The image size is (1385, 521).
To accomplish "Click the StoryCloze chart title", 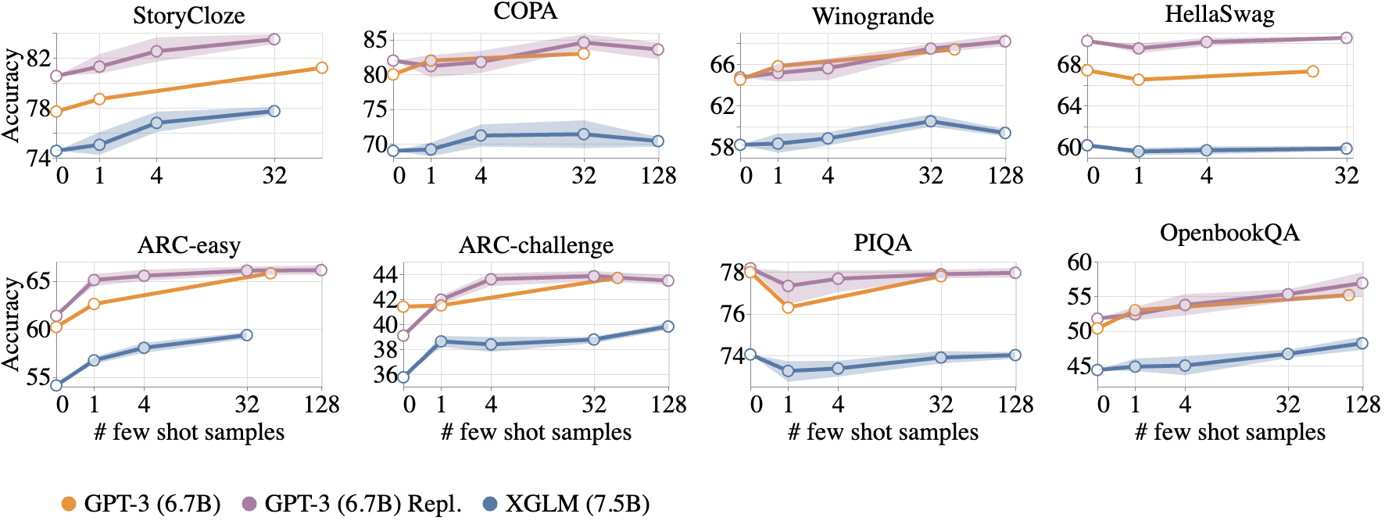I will point(188,16).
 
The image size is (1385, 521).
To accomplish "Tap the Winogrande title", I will point(872,16).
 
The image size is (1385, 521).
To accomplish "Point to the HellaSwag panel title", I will point(1219,14).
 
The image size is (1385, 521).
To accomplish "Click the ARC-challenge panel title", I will point(535,245).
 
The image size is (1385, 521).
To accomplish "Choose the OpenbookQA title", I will point(1229,233).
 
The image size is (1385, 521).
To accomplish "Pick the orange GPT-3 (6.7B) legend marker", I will point(69,505).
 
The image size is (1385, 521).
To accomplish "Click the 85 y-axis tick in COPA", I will point(376,39).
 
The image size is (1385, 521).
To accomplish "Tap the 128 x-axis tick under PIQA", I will point(1014,404).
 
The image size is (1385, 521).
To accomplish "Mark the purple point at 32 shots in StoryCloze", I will point(274,39).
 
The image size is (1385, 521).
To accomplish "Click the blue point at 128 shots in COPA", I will point(658,141).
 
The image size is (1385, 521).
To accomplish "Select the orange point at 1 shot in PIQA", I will point(788,307).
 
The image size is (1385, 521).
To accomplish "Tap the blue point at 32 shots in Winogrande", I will point(930,121).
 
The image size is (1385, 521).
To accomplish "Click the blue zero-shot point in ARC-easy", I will point(56,384).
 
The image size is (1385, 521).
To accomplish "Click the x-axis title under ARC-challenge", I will point(535,432).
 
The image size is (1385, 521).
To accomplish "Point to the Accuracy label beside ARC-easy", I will point(11,323).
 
